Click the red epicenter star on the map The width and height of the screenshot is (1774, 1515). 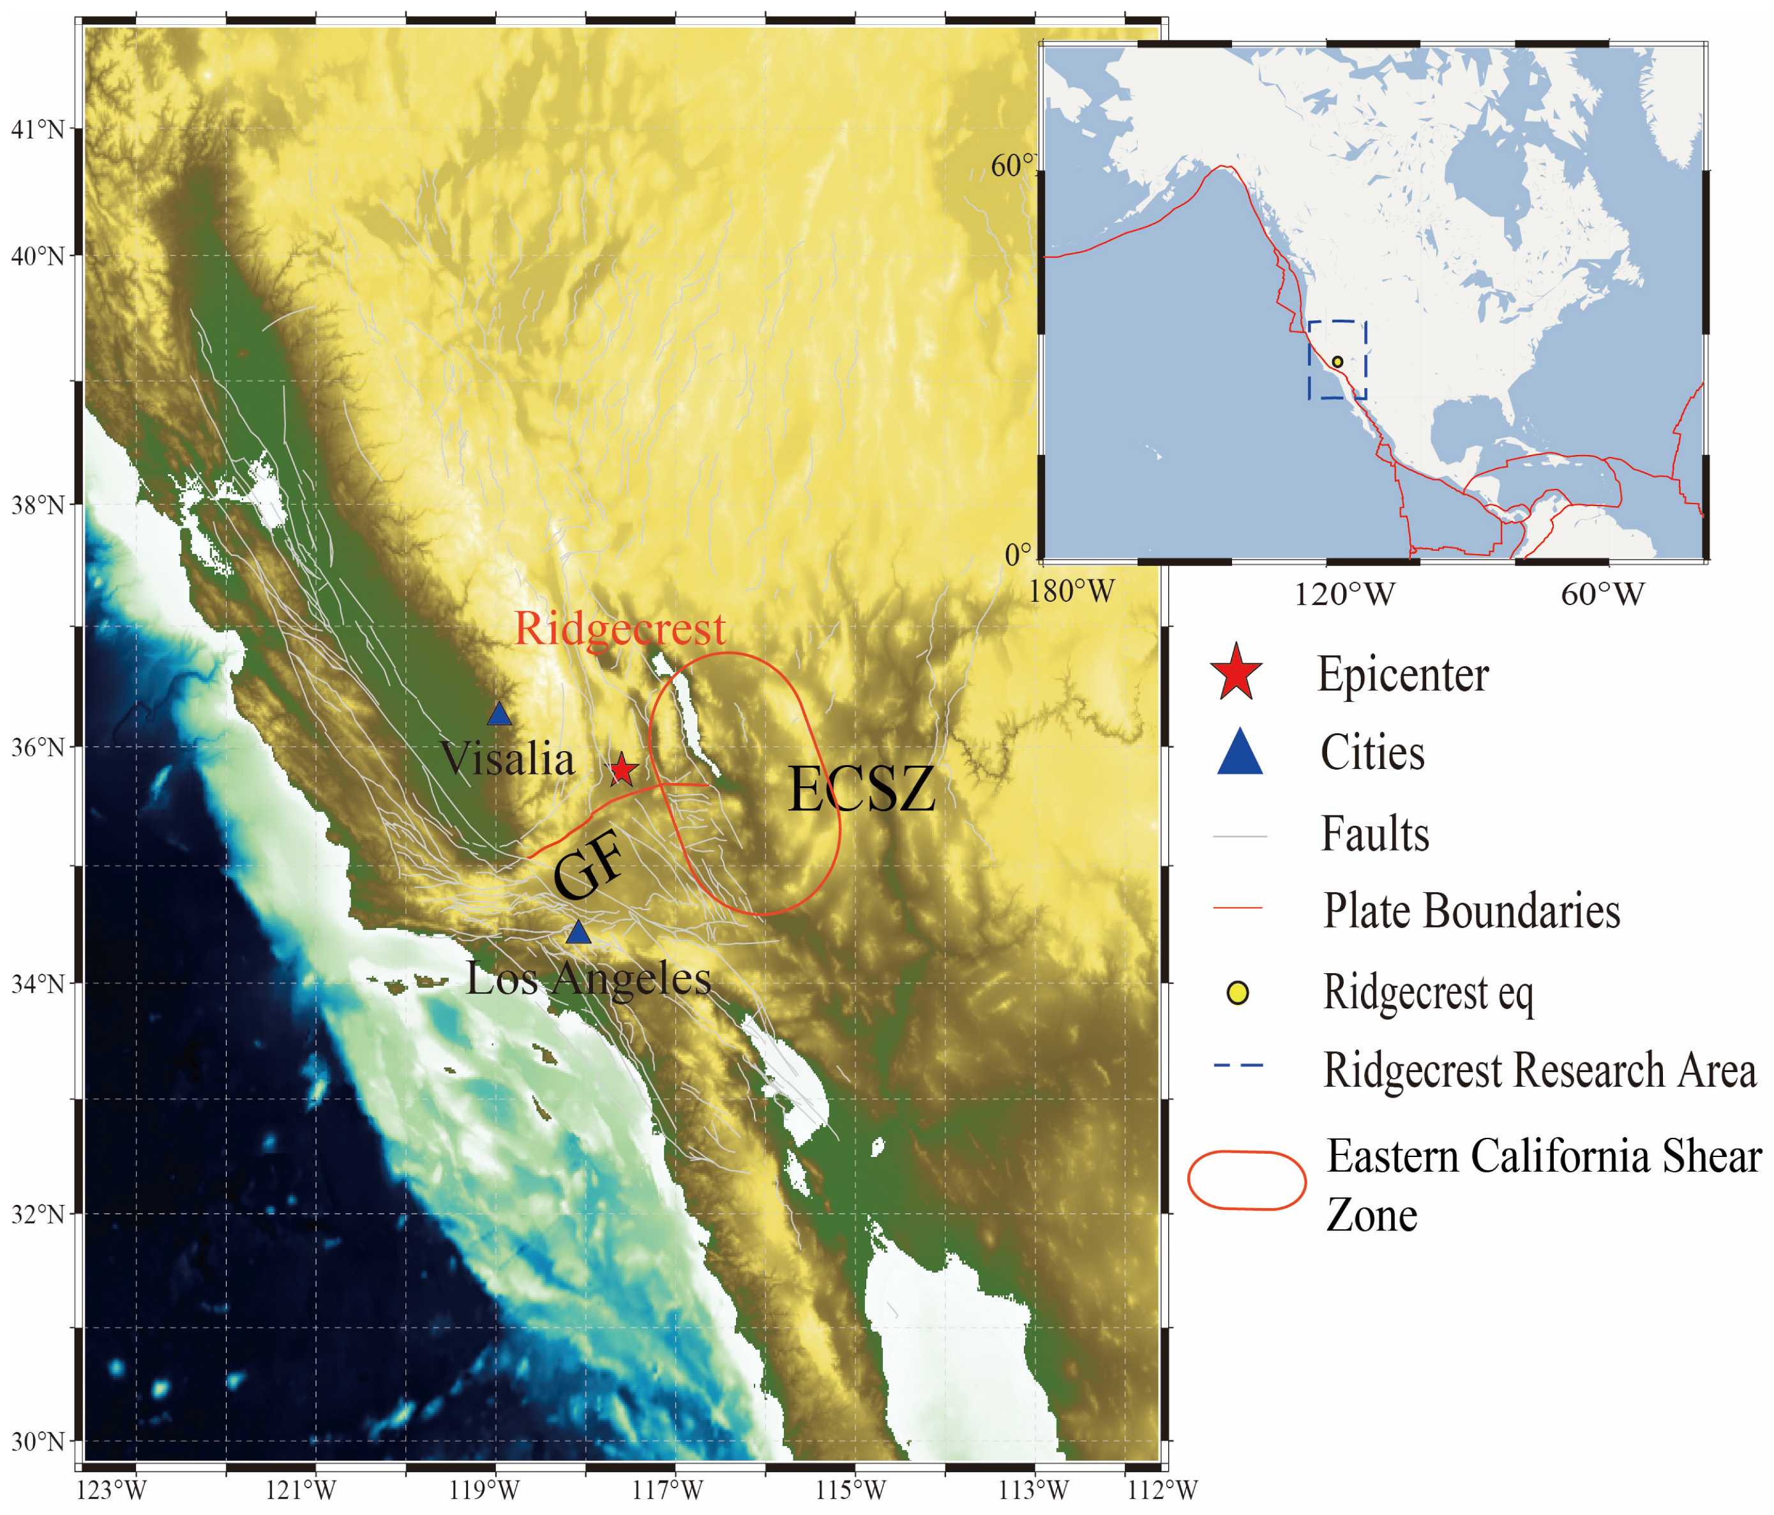(x=622, y=770)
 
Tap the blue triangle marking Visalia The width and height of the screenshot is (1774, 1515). (x=499, y=714)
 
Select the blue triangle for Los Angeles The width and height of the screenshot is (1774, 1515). (x=579, y=932)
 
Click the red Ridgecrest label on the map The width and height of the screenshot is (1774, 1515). (x=620, y=629)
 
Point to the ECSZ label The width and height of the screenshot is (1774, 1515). (x=861, y=789)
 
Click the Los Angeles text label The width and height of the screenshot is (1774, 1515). (x=589, y=978)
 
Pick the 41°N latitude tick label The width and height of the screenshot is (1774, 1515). (x=38, y=130)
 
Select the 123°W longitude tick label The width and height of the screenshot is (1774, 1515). (x=111, y=1490)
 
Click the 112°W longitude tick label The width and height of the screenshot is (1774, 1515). (x=1162, y=1490)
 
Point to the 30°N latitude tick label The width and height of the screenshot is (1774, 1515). (x=38, y=1442)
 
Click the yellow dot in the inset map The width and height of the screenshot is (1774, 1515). (x=1337, y=362)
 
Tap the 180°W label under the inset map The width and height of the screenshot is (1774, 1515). (x=1072, y=592)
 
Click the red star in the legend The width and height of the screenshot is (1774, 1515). (x=1237, y=673)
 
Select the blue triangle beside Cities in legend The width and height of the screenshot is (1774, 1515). (x=1240, y=752)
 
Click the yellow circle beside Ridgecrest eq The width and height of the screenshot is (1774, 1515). (x=1237, y=993)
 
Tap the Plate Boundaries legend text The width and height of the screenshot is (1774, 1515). (x=1471, y=911)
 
